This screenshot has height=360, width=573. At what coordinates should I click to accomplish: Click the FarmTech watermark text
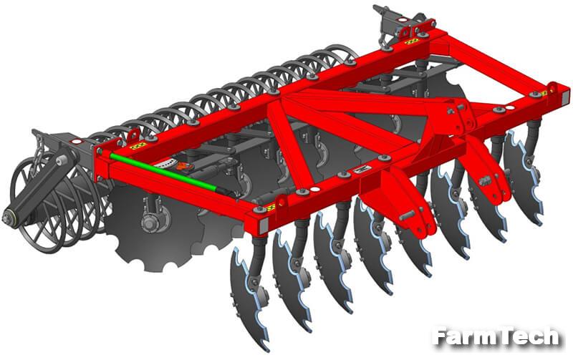pos(496,336)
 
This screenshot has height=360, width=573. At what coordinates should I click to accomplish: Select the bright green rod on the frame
pos(163,172)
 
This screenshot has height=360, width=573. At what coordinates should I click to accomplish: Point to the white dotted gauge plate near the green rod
pos(163,164)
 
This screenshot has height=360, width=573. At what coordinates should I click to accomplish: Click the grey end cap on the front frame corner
pos(263,225)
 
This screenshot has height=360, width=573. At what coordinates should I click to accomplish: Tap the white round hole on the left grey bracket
pos(76,141)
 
